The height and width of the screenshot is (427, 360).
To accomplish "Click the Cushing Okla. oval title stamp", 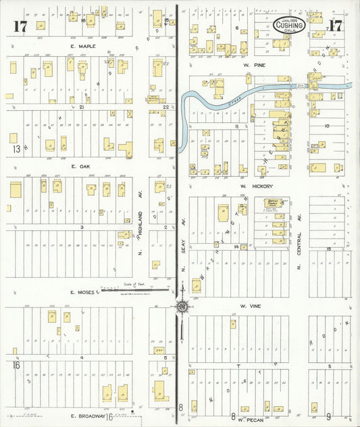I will (290, 26).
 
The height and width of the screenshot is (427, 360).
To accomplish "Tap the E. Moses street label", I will (84, 293).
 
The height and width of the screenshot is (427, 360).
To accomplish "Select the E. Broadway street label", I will (84, 417).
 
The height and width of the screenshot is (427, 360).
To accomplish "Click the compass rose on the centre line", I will (182, 307).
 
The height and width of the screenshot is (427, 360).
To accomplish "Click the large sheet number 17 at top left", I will (18, 27).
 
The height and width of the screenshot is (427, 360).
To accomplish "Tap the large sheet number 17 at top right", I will (336, 26).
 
